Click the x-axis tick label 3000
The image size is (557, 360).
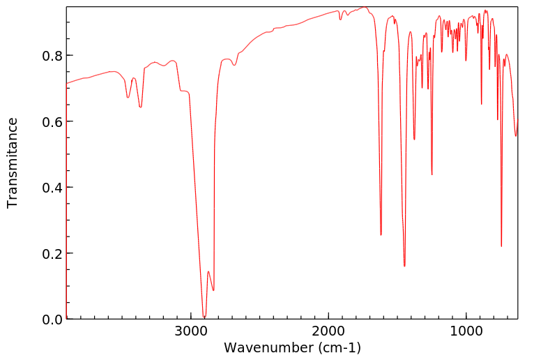pyautogui.click(x=191, y=332)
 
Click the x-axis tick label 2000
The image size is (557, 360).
pyautogui.click(x=328, y=332)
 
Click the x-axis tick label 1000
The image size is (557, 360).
pyautogui.click(x=466, y=332)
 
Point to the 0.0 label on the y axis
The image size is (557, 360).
pyautogui.click(x=52, y=320)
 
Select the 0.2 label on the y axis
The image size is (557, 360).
pyautogui.click(x=52, y=253)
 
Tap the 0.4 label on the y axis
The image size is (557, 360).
pyautogui.click(x=52, y=188)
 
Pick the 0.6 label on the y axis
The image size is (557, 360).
pyautogui.click(x=52, y=121)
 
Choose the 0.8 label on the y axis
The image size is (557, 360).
pyautogui.click(x=52, y=56)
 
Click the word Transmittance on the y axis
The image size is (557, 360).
pyautogui.click(x=13, y=163)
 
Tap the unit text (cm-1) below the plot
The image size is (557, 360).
pyautogui.click(x=339, y=347)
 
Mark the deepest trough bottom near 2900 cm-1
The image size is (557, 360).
pyautogui.click(x=204, y=317)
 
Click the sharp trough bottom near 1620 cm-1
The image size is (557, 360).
pyautogui.click(x=381, y=234)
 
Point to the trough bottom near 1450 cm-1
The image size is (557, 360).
pyautogui.click(x=404, y=266)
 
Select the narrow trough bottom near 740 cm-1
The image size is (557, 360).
pyautogui.click(x=501, y=246)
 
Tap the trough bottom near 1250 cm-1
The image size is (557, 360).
pyautogui.click(x=432, y=174)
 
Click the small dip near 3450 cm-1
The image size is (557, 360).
pyautogui.click(x=128, y=98)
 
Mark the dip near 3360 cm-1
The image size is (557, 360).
pyautogui.click(x=141, y=107)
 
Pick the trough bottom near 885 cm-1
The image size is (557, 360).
pyautogui.click(x=481, y=104)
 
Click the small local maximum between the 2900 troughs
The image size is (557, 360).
pyautogui.click(x=208, y=271)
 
